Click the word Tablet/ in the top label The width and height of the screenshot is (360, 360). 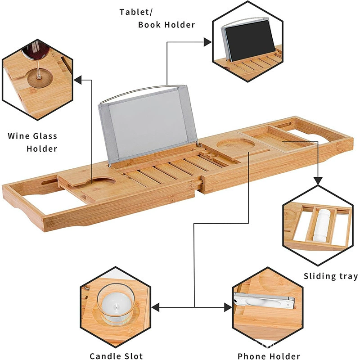pyautogui.click(x=136, y=13)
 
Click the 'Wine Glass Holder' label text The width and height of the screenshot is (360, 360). pyautogui.click(x=32, y=142)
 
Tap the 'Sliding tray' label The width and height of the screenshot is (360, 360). pyautogui.click(x=331, y=276)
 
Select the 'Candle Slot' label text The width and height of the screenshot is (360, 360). pyautogui.click(x=116, y=356)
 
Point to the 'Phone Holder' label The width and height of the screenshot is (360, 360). pyautogui.click(x=269, y=356)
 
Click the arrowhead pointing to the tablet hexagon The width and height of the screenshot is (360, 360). pyautogui.click(x=207, y=42)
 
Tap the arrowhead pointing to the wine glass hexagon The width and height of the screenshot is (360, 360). pyautogui.click(x=78, y=80)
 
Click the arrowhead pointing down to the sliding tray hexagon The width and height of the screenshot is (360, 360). pyautogui.click(x=318, y=181)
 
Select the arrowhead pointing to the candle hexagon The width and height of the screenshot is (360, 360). pyautogui.click(x=156, y=307)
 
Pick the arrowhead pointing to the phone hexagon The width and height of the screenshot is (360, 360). pyautogui.click(x=228, y=307)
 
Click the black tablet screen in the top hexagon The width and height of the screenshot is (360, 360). pyautogui.click(x=250, y=40)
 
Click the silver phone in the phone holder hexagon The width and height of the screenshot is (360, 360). pyautogui.click(x=264, y=301)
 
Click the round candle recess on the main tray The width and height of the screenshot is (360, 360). pyautogui.click(x=235, y=144)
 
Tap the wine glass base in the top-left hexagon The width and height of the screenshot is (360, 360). pyautogui.click(x=40, y=79)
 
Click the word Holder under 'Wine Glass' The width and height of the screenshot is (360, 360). pyautogui.click(x=42, y=149)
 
